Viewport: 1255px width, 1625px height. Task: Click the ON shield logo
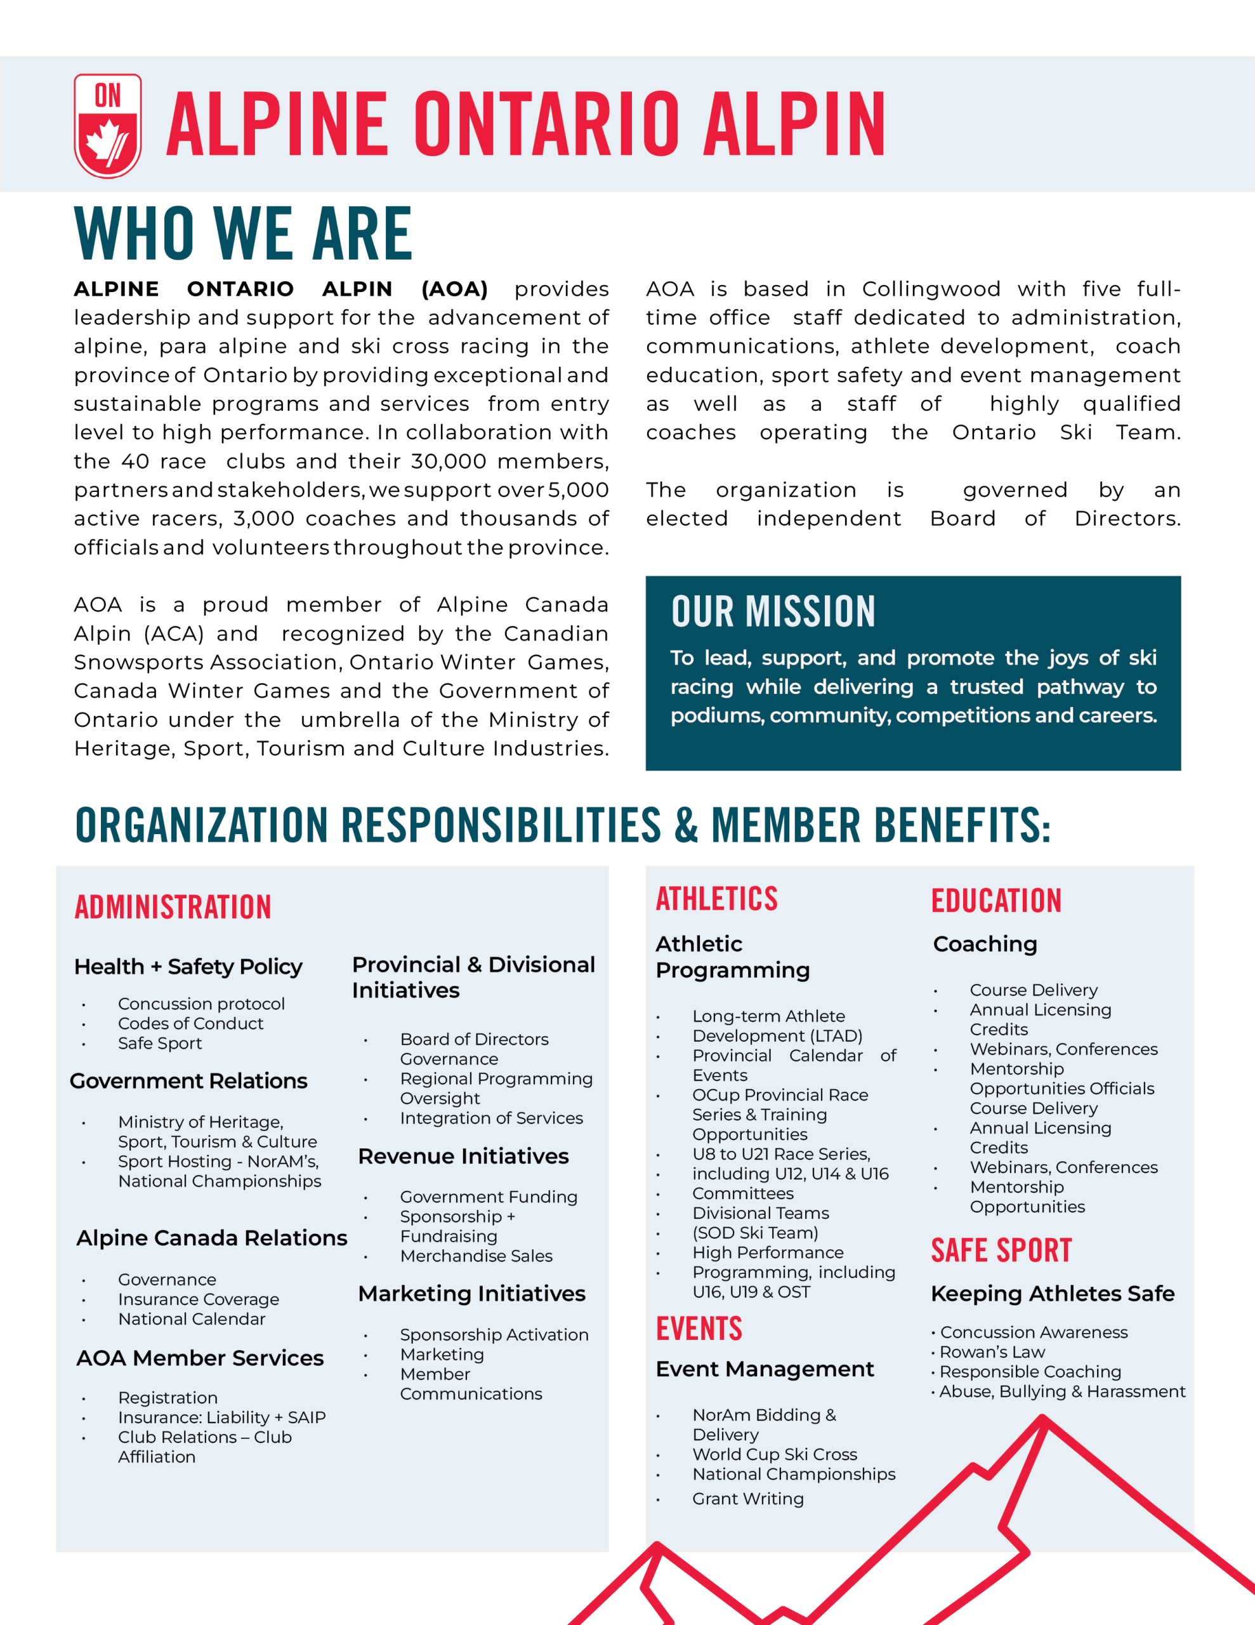pos(108,126)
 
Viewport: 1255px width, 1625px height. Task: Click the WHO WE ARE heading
pos(242,234)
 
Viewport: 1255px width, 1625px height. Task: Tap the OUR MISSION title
pos(773,612)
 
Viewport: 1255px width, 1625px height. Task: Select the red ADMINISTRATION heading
pos(173,908)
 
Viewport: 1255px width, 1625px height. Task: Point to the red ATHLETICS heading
pos(716,899)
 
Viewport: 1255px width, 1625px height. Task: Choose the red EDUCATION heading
pos(996,901)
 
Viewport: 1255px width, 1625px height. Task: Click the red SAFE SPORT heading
pos(1001,1250)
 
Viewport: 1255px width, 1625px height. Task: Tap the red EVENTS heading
pos(699,1329)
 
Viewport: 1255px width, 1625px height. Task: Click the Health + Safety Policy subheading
pos(188,967)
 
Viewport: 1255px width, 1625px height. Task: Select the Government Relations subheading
pos(188,1081)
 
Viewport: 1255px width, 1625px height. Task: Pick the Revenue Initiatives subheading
pos(463,1157)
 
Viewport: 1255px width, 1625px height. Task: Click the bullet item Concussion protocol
pos(201,1004)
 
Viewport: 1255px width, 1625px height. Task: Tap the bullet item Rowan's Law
pos(992,1352)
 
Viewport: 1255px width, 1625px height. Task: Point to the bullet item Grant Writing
pos(747,1499)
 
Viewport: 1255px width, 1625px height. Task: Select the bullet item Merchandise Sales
pos(476,1256)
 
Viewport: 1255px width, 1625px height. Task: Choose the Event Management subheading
pos(765,1369)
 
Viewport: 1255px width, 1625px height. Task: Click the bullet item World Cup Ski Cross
pos(775,1454)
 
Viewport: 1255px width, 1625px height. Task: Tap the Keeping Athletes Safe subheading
pos(1053,1294)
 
